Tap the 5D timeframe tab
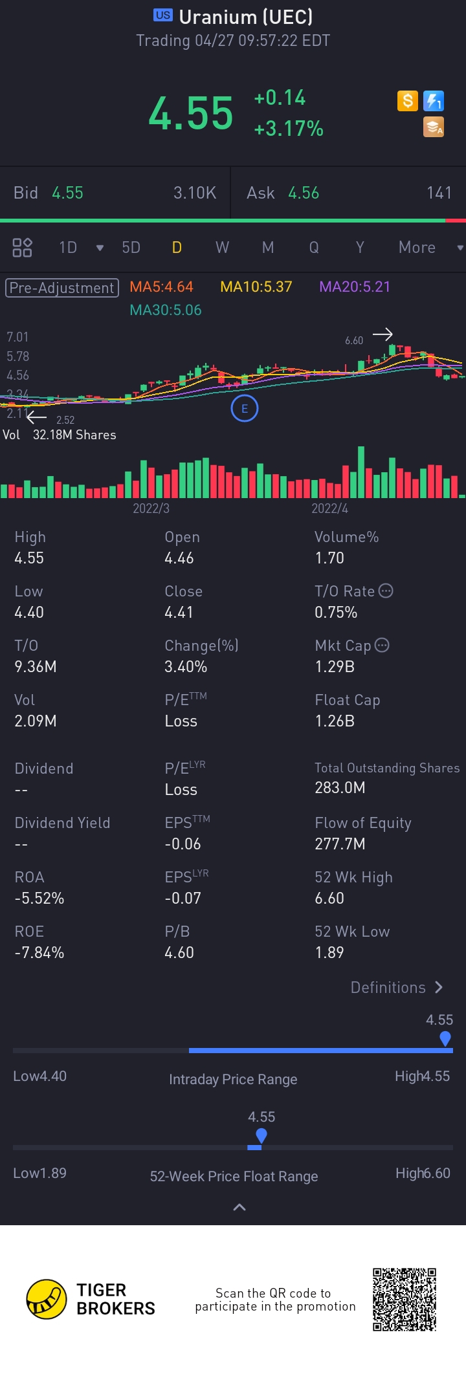point(131,248)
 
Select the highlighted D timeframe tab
point(177,248)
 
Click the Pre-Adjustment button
point(62,288)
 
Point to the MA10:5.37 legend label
point(256,287)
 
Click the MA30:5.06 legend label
point(166,310)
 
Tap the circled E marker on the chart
point(245,409)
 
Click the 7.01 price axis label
point(17,337)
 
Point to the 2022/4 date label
point(329,508)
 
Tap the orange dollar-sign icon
point(408,101)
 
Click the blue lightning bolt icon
point(434,101)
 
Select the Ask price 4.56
point(304,193)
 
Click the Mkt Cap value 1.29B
point(335,666)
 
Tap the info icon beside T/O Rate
point(386,591)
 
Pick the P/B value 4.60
point(179,952)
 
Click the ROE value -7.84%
point(39,952)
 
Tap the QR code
point(405,1299)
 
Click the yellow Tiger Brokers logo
point(47,1299)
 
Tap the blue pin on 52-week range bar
point(261,1135)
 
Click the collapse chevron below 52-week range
point(239,1207)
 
